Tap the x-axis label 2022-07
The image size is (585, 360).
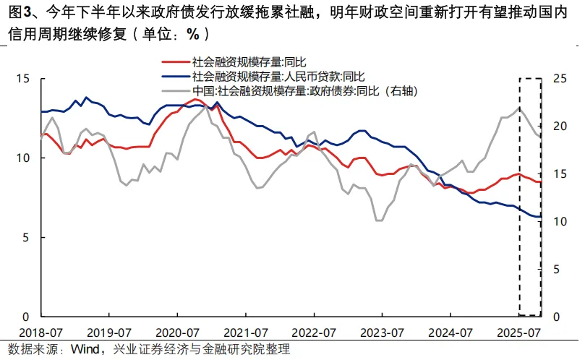(x=314, y=333)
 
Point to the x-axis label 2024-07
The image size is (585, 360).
(x=451, y=333)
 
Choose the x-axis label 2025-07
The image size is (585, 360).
(x=519, y=333)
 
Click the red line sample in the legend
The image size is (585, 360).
(x=174, y=64)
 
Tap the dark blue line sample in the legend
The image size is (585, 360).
(x=174, y=77)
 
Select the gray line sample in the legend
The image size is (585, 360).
(x=174, y=90)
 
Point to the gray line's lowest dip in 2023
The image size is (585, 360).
(x=379, y=220)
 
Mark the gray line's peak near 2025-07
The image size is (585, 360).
(x=518, y=108)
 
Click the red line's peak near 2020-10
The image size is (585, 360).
(x=196, y=99)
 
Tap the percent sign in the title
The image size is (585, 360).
(x=192, y=34)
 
